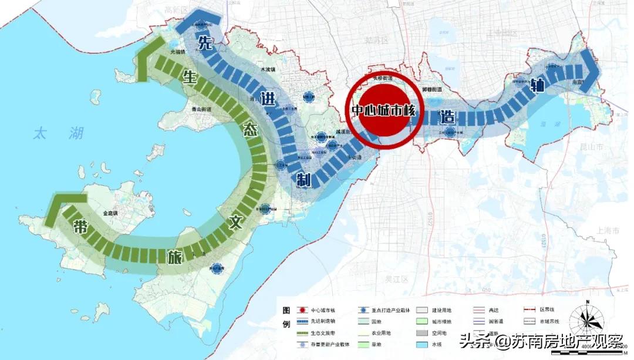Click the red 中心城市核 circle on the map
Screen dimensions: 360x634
(383, 110)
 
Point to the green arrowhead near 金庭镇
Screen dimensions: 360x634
(55, 209)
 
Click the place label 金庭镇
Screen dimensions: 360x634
(110, 214)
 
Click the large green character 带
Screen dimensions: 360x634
(80, 227)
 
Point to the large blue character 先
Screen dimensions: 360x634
(204, 42)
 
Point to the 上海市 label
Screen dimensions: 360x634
(608, 231)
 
